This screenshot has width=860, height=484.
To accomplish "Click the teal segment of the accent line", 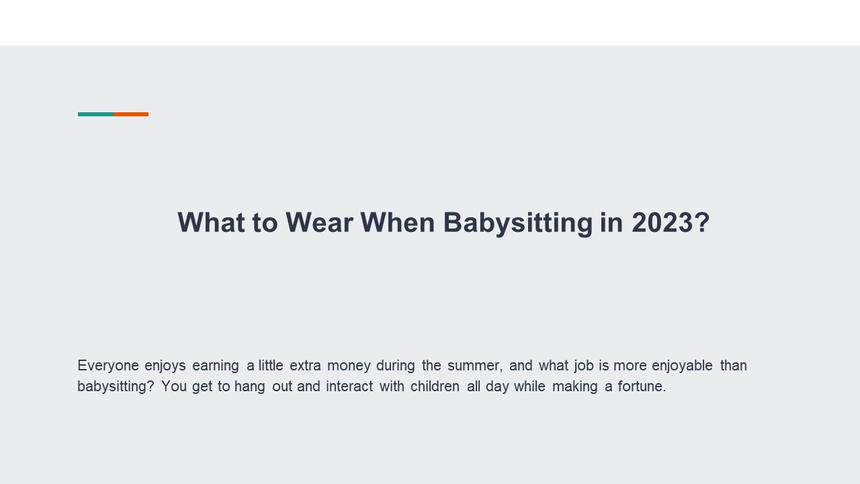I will point(95,114).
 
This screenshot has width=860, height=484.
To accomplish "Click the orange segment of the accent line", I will point(131,114).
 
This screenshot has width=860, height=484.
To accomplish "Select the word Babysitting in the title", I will point(517,223).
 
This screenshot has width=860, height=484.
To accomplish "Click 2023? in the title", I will point(671,223).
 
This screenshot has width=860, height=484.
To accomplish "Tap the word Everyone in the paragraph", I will point(107,366).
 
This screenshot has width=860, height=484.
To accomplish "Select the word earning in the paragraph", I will point(215,366).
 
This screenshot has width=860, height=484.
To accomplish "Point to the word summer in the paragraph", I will point(474,366).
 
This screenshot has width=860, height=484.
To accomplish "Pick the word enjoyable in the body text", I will point(682,366).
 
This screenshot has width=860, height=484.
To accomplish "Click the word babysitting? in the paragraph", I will point(116,387).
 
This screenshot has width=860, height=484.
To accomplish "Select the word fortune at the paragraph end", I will point(641,387).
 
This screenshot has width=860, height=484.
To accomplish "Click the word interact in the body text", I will point(349,387).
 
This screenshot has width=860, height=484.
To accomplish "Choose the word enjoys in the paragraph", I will point(165,366).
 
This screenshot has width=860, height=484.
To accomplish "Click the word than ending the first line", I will point(733,366).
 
